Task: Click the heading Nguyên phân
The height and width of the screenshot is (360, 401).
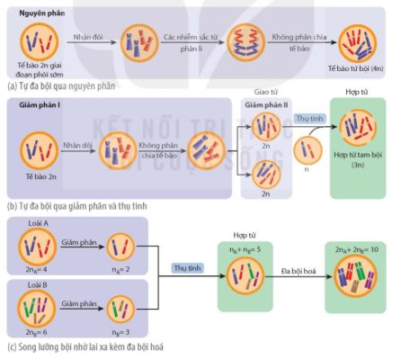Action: pyautogui.click(x=42, y=13)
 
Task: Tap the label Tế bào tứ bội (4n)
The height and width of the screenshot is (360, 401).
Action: pyautogui.click(x=355, y=68)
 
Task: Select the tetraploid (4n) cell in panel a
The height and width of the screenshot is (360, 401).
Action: pyautogui.click(x=357, y=44)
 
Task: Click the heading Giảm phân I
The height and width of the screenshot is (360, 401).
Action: pyautogui.click(x=40, y=105)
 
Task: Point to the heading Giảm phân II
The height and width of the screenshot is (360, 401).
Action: pyautogui.click(x=266, y=105)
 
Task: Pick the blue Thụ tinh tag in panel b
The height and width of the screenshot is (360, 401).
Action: pyautogui.click(x=310, y=119)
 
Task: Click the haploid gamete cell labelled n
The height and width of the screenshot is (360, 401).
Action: pyautogui.click(x=307, y=150)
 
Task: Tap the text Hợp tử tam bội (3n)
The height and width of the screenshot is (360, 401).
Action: pyautogui.click(x=358, y=159)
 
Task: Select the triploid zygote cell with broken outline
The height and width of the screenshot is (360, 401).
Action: pyautogui.click(x=358, y=128)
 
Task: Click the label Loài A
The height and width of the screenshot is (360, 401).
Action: pyautogui.click(x=38, y=223)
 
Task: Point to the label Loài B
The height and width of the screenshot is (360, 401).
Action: pyautogui.click(x=38, y=285)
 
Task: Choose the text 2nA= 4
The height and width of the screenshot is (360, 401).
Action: pyautogui.click(x=36, y=269)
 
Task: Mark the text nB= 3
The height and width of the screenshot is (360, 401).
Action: pyautogui.click(x=120, y=332)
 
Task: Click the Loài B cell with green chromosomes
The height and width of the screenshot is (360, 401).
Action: pyautogui.click(x=37, y=309)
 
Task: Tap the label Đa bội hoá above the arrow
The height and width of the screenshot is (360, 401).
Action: pyautogui.click(x=299, y=271)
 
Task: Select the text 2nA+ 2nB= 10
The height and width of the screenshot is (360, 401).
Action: pyautogui.click(x=357, y=249)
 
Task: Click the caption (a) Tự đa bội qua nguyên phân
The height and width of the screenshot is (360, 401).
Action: pyautogui.click(x=61, y=86)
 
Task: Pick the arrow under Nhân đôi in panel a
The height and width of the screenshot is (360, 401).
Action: pyautogui.click(x=92, y=42)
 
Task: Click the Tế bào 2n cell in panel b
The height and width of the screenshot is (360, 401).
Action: pyautogui.click(x=40, y=151)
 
